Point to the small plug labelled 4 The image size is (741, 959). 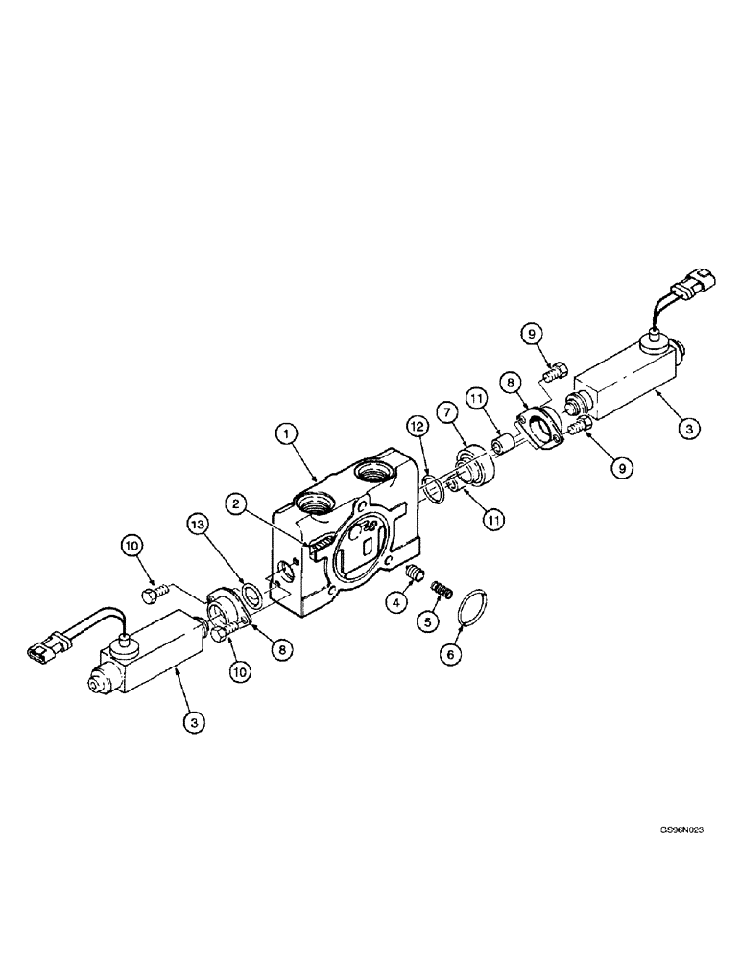pyautogui.click(x=416, y=573)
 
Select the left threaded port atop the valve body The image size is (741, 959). pyautogui.click(x=316, y=503)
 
